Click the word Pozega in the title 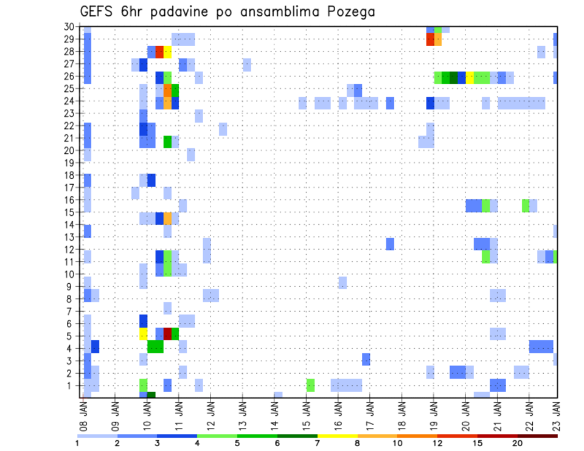tap(350, 12)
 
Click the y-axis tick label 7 tap(71, 311)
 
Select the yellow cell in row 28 tap(167, 52)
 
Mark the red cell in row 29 tap(430, 39)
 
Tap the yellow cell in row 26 tap(470, 77)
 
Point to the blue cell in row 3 tap(366, 359)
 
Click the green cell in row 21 tap(167, 142)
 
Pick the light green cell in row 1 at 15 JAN tap(310, 385)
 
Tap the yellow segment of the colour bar tap(337, 436)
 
